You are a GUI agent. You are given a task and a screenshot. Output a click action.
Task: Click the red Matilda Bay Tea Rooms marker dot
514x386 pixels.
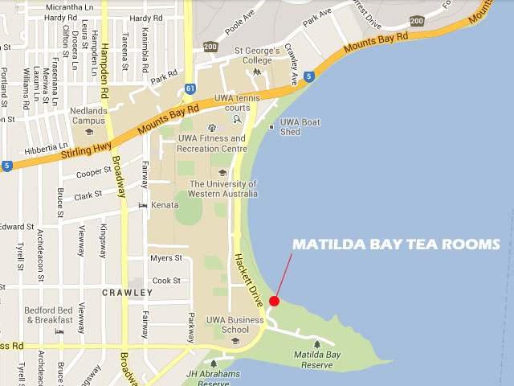click(x=274, y=301)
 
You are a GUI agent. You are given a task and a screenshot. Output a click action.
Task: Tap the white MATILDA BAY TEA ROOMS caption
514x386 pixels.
click(x=396, y=244)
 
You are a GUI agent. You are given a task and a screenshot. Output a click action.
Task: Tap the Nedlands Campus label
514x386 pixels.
click(x=88, y=116)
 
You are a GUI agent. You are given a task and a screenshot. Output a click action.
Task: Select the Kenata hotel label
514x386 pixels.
click(x=164, y=205)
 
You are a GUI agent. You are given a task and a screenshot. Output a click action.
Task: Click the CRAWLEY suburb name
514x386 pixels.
click(x=127, y=293)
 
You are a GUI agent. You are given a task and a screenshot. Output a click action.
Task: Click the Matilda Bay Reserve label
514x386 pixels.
click(x=312, y=359)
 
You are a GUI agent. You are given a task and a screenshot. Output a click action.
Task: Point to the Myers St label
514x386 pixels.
click(x=166, y=258)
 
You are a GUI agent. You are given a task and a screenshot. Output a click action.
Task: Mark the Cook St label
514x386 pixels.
click(x=166, y=281)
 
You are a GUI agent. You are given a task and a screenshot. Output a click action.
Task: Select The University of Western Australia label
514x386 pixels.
click(x=222, y=188)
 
